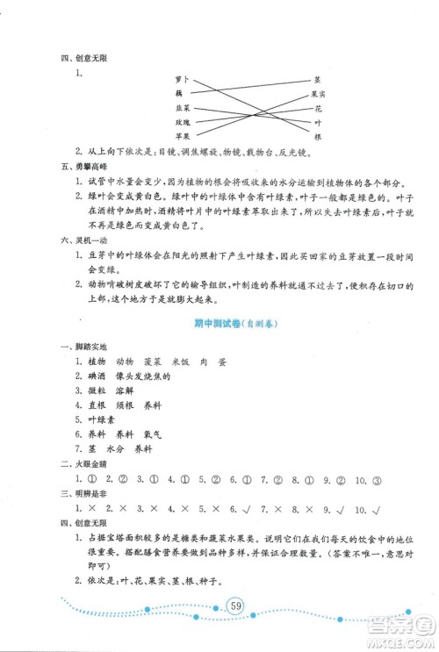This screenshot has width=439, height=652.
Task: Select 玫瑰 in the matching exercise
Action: click(x=181, y=124)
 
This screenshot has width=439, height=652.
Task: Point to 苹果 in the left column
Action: click(x=181, y=138)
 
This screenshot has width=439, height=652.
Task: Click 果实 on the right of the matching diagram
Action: click(x=319, y=94)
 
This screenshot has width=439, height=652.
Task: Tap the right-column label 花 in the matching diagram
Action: click(x=318, y=109)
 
